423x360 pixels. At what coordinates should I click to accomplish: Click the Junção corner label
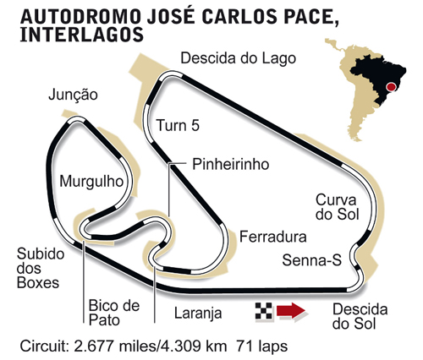pyautogui.click(x=74, y=95)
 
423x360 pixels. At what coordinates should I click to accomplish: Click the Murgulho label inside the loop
pyautogui.click(x=88, y=180)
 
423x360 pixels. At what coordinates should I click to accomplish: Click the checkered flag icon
pyautogui.click(x=263, y=313)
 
